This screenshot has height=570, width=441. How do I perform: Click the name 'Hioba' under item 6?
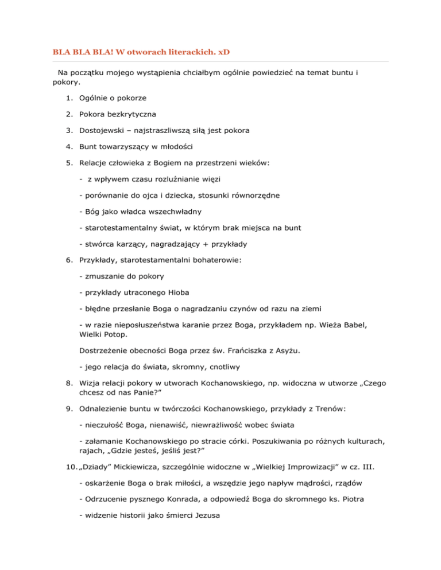pos(164,292)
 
